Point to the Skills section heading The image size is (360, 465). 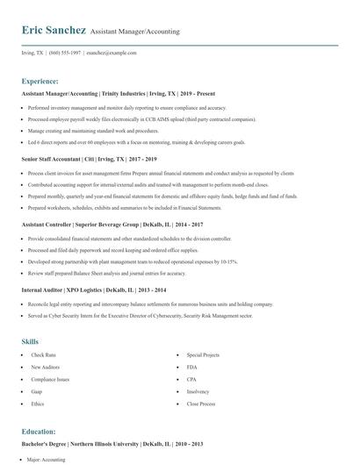point(31,340)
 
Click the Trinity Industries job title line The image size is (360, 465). point(118,93)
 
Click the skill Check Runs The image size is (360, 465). point(44,354)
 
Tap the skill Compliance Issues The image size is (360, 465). point(49,379)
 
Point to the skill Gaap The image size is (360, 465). point(37,391)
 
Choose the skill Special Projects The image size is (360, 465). point(203,354)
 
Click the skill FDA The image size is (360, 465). point(191,367)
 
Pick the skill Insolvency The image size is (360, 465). point(198,391)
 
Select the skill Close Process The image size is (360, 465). point(201,404)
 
